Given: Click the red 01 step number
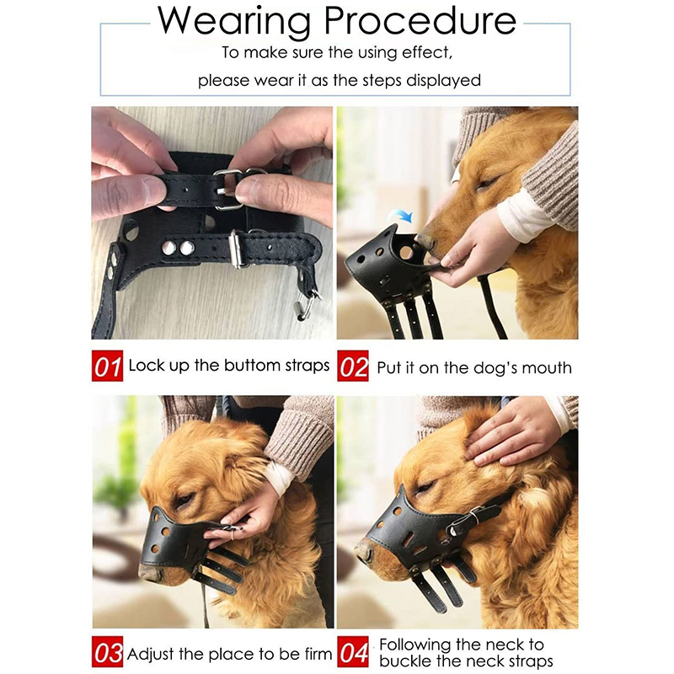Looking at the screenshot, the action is pos(107,366).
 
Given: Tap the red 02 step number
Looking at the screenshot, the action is pos(353,366).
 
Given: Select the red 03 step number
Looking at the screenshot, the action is pos(107,651).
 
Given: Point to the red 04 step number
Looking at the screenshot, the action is pos(353,651).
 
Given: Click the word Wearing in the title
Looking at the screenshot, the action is pos(234,22).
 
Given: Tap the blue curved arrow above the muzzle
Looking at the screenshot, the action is pos(401,216).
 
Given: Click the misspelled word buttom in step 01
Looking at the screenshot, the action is pos(252,366).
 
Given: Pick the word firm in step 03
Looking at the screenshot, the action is pos(318,654).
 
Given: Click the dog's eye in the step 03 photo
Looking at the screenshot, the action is pos(183,500).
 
